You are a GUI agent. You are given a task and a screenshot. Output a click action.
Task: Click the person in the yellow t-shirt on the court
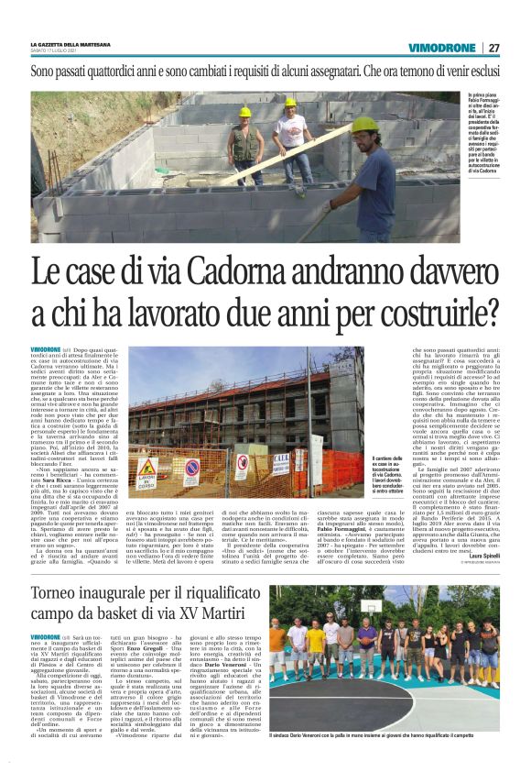[316, 651]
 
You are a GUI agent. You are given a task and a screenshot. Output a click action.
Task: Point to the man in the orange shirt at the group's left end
[277, 651]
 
